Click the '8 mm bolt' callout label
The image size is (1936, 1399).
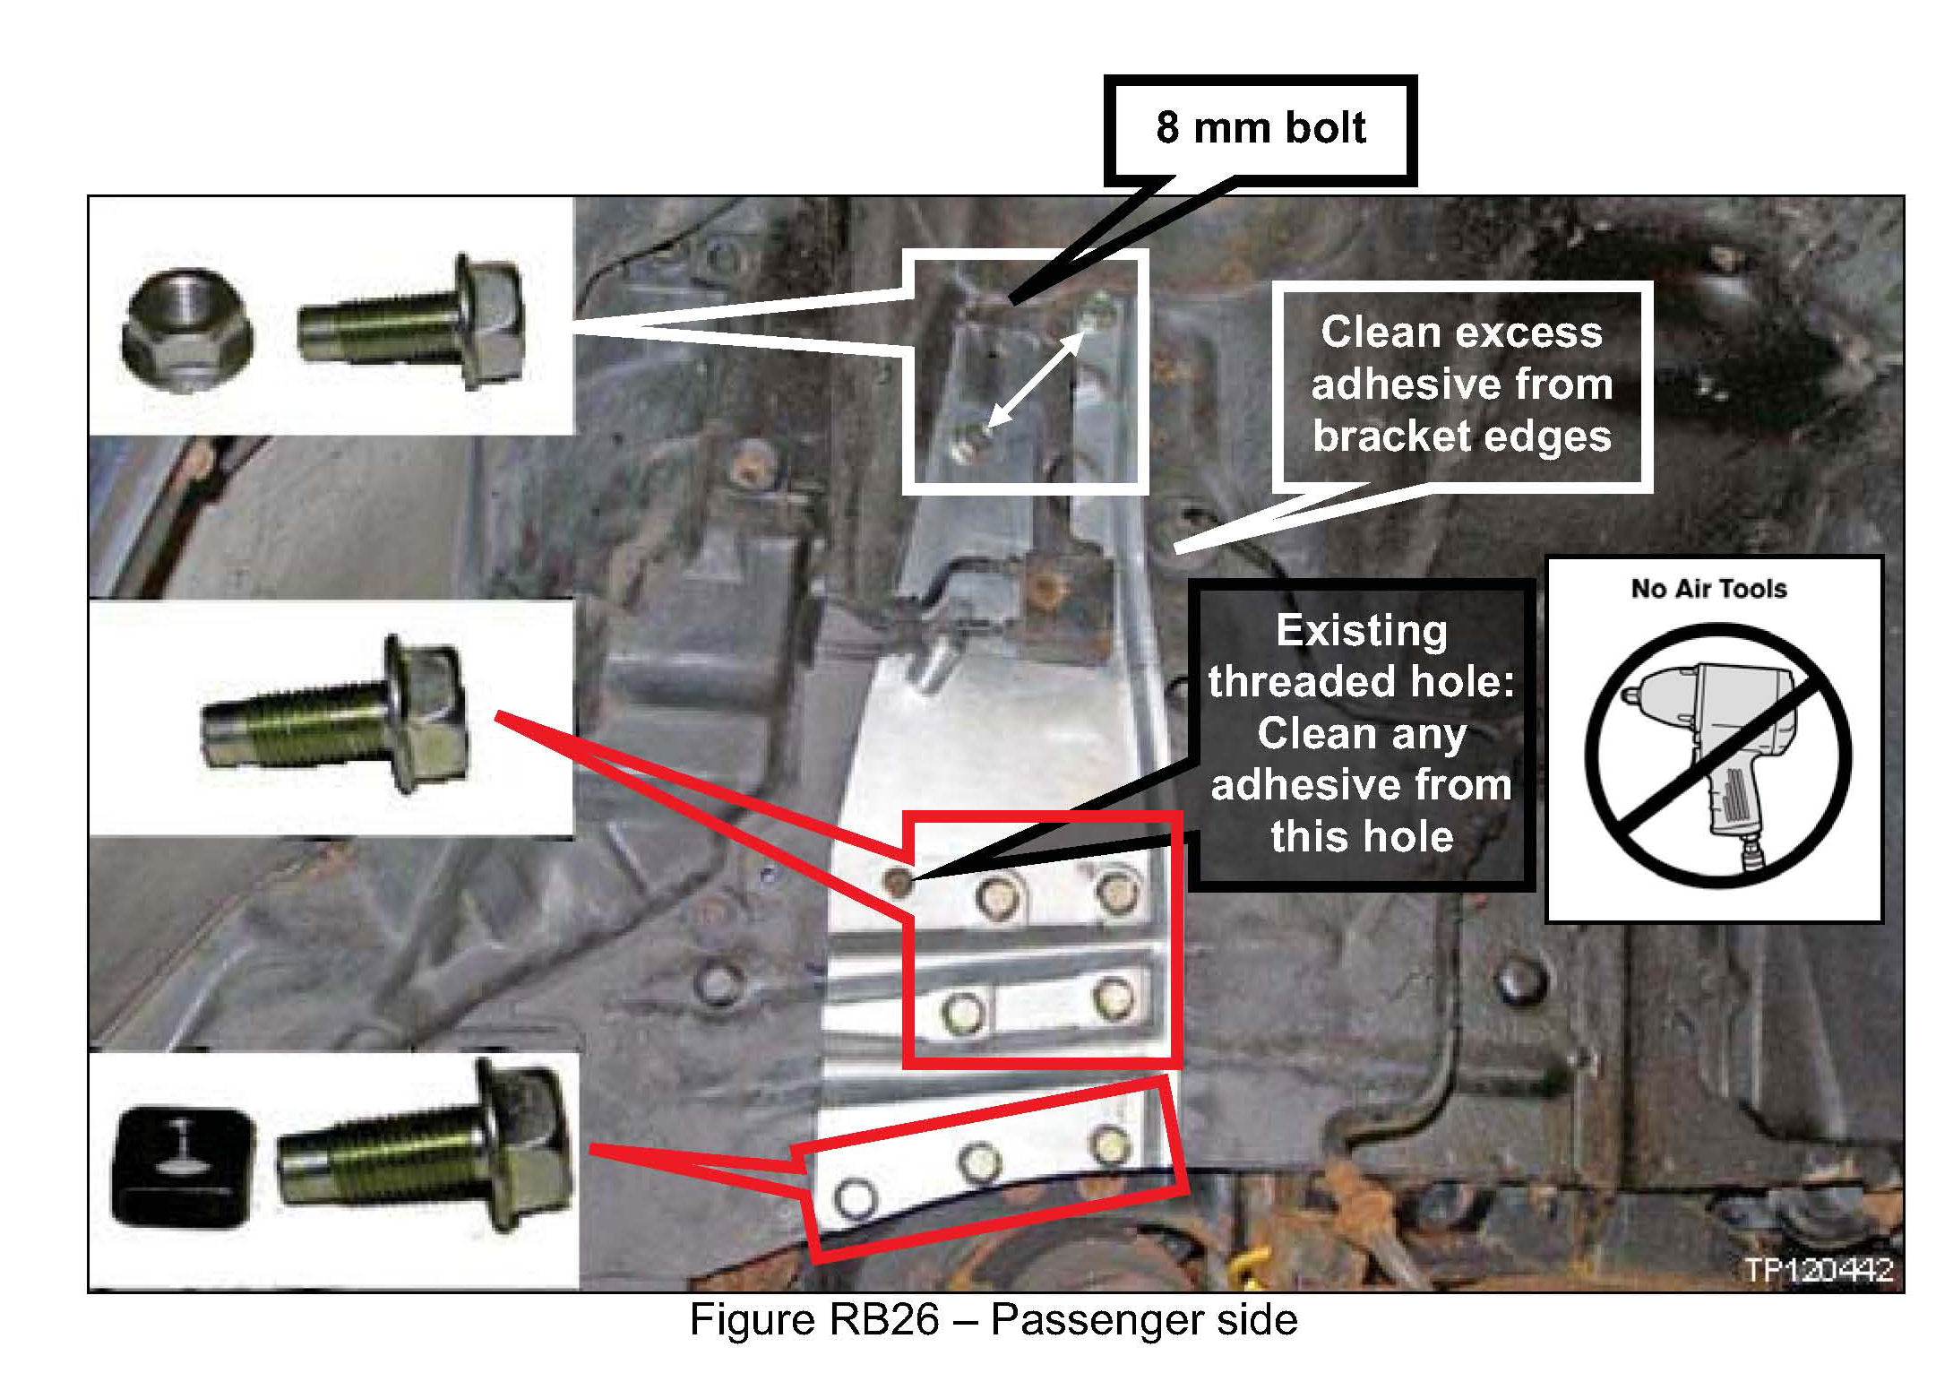[1260, 128]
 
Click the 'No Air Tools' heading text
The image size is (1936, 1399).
[1708, 589]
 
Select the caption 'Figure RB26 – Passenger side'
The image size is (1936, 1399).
[993, 1320]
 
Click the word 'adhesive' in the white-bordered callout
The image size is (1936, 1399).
[1461, 384]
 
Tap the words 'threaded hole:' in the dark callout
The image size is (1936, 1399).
[1360, 682]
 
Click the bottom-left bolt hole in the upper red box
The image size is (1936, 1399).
[964, 1012]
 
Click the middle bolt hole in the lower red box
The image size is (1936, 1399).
[978, 1162]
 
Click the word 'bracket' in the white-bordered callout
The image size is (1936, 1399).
[1383, 436]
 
